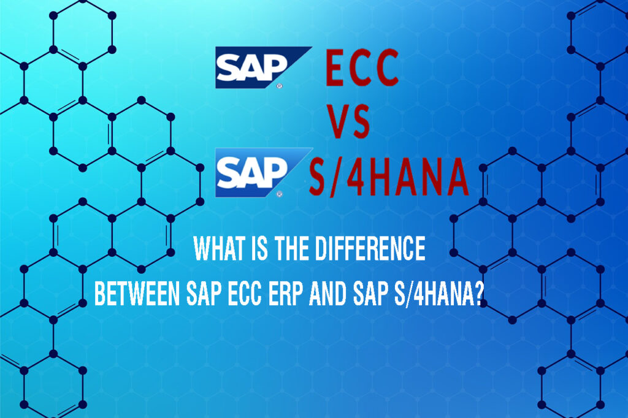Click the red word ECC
362,68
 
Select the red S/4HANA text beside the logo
388,177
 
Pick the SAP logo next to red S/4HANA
264,173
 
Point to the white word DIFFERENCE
370,249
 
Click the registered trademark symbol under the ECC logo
280,85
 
